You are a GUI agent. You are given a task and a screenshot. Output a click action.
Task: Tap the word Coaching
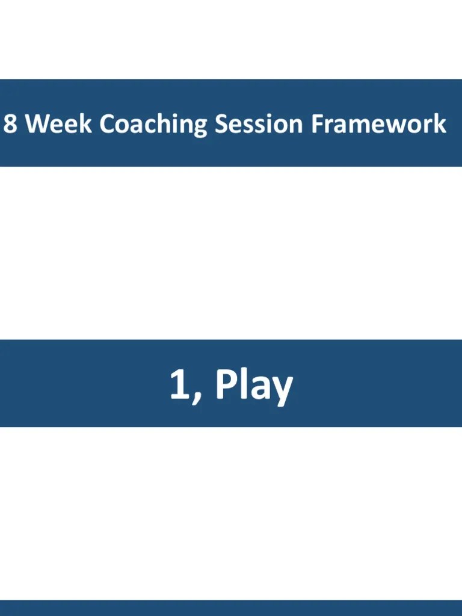tap(153, 125)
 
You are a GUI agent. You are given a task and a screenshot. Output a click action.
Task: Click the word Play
tap(254, 386)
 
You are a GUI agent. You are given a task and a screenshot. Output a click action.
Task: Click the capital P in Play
tap(226, 384)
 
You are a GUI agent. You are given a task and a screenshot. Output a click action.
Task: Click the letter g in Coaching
tap(199, 128)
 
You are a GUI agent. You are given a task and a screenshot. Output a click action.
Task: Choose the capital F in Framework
tap(318, 123)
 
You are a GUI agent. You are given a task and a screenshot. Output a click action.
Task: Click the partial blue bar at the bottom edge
tap(231, 608)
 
